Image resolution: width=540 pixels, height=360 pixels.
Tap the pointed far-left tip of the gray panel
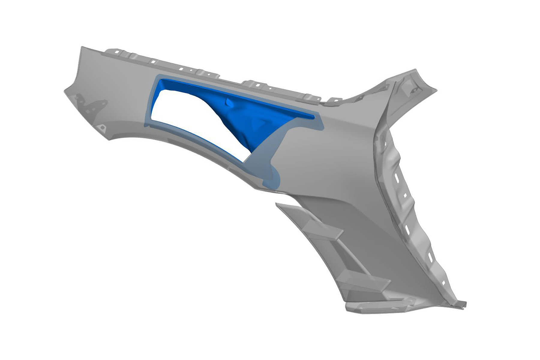pyautogui.click(x=65, y=91)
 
